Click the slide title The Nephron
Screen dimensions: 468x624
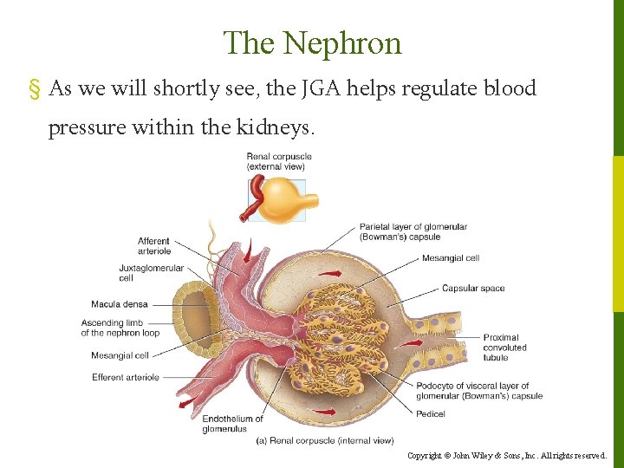(312, 42)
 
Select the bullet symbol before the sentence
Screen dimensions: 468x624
(34, 89)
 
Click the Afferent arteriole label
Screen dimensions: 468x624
(153, 246)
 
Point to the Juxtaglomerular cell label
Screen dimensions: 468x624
(151, 273)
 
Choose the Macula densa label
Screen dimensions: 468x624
(119, 304)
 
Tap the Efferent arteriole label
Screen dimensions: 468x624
(126, 377)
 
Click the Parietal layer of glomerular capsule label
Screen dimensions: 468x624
(413, 231)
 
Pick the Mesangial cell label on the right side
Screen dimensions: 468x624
(450, 257)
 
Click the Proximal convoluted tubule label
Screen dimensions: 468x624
(504, 348)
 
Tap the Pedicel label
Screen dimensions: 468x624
(430, 414)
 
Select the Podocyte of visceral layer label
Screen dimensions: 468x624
(478, 391)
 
